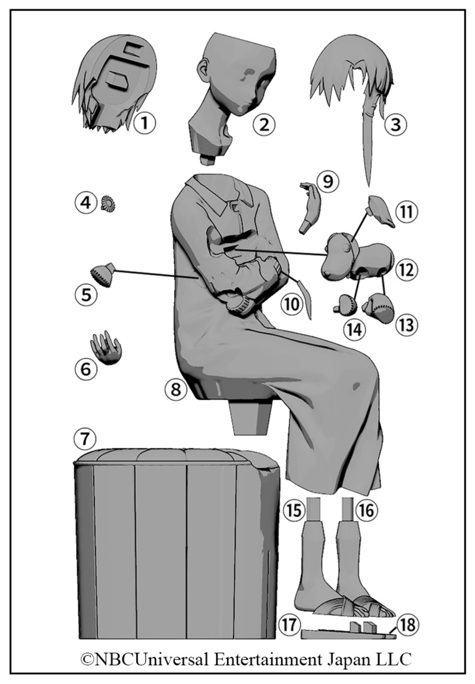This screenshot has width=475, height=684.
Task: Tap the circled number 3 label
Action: click(395, 125)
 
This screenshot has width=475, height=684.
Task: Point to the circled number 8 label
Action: click(175, 389)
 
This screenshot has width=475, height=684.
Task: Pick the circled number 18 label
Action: click(407, 625)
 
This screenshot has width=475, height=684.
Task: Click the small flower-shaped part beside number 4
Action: click(107, 203)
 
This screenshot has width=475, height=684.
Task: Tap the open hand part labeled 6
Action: click(106, 347)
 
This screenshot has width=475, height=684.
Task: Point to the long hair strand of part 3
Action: click(369, 144)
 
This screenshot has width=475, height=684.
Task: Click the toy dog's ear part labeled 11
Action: click(381, 212)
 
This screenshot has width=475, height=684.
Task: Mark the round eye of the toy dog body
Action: click(346, 248)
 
